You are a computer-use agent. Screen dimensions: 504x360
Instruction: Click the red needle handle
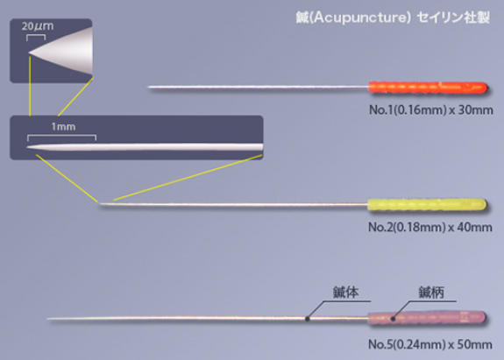click(x=428, y=88)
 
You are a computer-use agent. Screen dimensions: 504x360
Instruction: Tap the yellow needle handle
click(x=427, y=205)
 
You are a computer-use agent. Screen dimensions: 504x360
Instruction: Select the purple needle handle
click(x=427, y=318)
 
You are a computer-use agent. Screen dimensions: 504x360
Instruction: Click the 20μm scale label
click(x=38, y=26)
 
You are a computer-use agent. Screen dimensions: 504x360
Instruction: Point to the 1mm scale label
click(x=63, y=126)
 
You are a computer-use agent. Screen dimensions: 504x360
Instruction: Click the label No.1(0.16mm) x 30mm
click(x=431, y=110)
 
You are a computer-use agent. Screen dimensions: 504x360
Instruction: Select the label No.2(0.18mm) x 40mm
click(x=430, y=228)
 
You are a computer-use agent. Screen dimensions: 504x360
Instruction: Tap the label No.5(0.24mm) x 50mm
click(x=430, y=344)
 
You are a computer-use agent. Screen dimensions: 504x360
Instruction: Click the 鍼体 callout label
click(x=345, y=293)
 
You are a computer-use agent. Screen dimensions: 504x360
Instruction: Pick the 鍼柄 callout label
click(x=431, y=293)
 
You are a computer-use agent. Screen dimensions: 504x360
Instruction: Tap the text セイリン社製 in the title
click(x=453, y=18)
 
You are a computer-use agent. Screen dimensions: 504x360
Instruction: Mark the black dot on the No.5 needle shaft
click(x=307, y=319)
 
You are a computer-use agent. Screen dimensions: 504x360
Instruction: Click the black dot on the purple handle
click(x=393, y=319)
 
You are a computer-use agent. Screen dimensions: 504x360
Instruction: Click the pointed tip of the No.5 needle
click(x=48, y=319)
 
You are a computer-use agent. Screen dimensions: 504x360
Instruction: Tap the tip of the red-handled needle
click(x=148, y=87)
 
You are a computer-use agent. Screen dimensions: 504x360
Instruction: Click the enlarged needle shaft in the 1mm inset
click(x=145, y=147)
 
